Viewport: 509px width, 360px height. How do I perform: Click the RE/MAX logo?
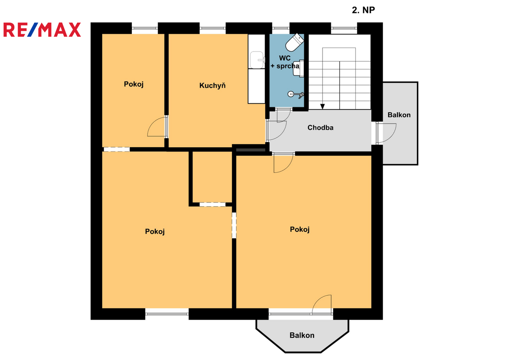click(x=42, y=30)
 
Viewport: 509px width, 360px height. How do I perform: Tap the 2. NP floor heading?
click(x=363, y=10)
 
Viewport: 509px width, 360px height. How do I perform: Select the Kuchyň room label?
click(x=212, y=86)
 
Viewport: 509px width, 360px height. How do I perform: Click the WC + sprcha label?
click(x=285, y=62)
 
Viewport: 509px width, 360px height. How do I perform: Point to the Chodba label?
click(x=320, y=128)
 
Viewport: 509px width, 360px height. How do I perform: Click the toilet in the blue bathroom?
click(x=295, y=42)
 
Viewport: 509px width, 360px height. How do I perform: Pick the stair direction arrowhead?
click(x=322, y=106)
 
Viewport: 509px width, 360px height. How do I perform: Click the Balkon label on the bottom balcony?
click(x=302, y=335)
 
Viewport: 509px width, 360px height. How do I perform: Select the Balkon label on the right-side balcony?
click(x=399, y=115)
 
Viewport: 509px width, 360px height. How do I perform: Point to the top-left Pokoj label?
click(x=134, y=84)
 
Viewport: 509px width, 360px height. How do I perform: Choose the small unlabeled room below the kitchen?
click(x=212, y=177)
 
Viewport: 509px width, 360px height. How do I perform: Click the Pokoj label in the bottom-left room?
click(x=155, y=232)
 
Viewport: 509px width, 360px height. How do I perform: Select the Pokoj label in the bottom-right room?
click(x=299, y=230)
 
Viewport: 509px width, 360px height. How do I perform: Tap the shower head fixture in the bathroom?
click(x=296, y=94)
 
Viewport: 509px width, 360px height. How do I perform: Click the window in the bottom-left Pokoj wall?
click(x=167, y=314)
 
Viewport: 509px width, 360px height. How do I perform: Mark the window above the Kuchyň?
click(x=212, y=28)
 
